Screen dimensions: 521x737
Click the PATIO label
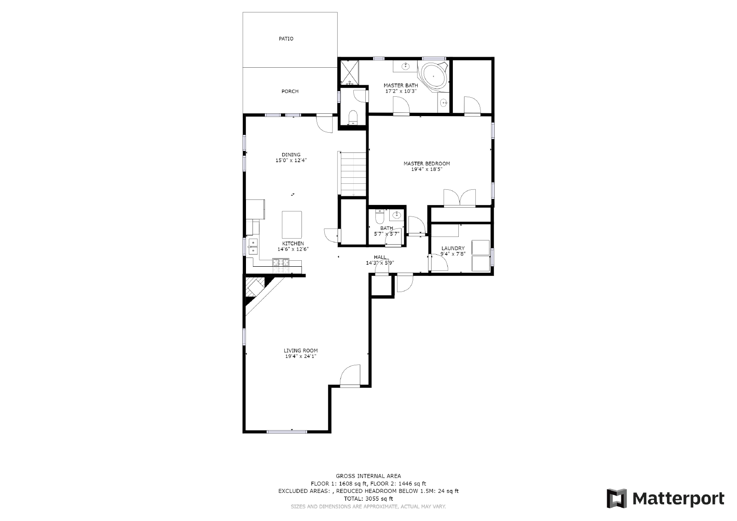[286, 39]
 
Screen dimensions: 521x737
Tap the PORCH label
[290, 91]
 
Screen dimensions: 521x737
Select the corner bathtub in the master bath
[433, 75]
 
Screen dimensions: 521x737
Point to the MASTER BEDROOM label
[427, 164]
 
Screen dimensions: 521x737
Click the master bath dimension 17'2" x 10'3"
[401, 91]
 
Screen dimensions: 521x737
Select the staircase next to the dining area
[353, 174]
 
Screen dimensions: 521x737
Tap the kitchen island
[292, 223]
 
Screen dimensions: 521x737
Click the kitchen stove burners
[281, 263]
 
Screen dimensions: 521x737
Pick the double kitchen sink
[253, 246]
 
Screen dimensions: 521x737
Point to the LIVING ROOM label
[300, 351]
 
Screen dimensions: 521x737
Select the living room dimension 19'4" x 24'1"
[300, 356]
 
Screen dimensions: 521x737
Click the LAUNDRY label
[453, 248]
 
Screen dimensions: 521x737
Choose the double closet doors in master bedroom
[459, 198]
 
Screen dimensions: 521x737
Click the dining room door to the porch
[325, 123]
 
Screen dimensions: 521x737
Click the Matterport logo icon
[617, 498]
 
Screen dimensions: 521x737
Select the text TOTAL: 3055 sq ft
[368, 498]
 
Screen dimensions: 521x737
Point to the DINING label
[291, 155]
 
